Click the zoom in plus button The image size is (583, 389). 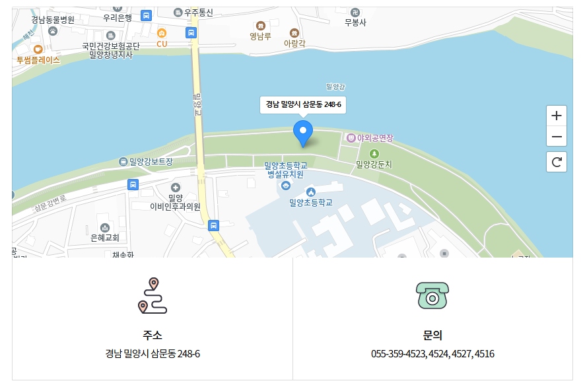click(557, 116)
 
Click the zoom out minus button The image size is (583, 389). click(557, 137)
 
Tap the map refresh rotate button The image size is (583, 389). click(557, 162)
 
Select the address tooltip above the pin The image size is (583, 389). click(303, 104)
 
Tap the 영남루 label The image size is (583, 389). click(260, 36)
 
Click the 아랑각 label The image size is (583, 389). click(294, 42)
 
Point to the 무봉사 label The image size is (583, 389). click(355, 22)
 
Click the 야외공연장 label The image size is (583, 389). click(374, 138)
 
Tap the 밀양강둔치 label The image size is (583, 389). click(374, 164)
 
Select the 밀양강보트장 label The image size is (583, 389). click(151, 162)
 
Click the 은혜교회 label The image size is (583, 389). click(104, 237)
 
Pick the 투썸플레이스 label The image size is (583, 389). click(38, 59)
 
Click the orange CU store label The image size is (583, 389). click(162, 44)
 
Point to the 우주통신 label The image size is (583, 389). click(198, 13)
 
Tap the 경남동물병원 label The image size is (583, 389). click(53, 20)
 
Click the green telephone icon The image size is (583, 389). click(432, 295)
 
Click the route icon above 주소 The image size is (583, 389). click(153, 296)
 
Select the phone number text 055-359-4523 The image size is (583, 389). click(398, 354)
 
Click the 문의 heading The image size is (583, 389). click(432, 335)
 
